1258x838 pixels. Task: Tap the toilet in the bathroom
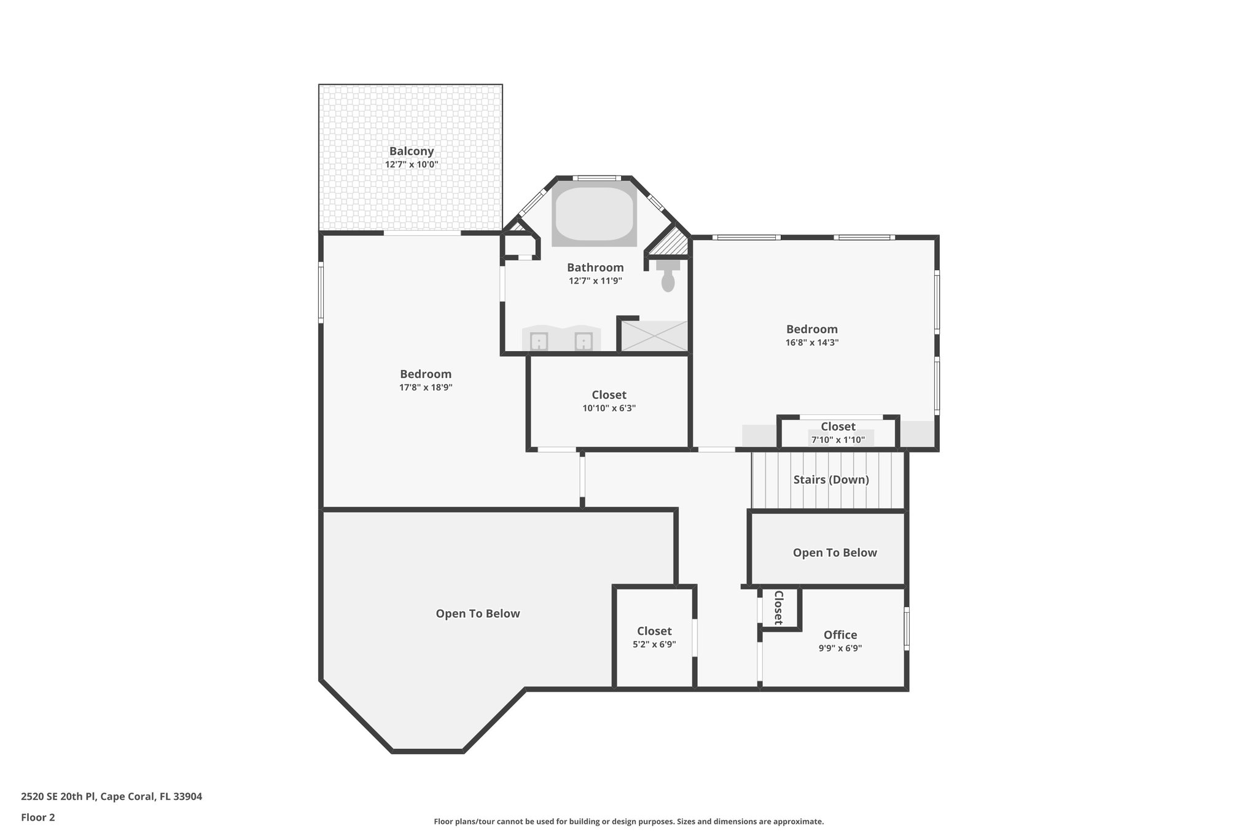pos(668,280)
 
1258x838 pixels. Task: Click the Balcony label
pos(411,151)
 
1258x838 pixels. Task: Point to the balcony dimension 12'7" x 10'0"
pos(411,165)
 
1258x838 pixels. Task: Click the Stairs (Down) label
pos(830,479)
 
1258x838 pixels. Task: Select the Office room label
pos(840,635)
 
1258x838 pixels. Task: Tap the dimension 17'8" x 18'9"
pos(426,387)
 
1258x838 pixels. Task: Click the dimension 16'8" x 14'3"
pos(811,343)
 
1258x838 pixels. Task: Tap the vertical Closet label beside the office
pos(778,608)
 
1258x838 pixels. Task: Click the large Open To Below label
pos(477,613)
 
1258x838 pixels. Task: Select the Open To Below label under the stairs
pos(834,553)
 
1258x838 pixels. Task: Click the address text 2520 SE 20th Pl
pos(111,797)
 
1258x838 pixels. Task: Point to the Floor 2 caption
pos(38,817)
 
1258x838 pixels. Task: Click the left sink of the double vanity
pos(539,341)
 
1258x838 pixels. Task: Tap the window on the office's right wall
pos(906,629)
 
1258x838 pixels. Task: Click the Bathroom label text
pos(595,268)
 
